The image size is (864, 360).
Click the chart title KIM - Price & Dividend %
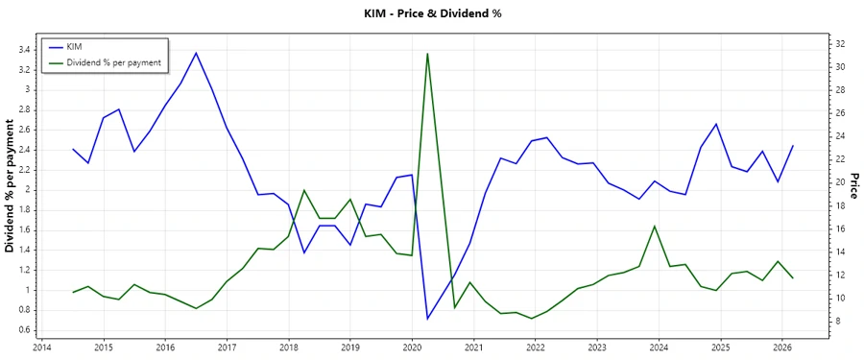point(432,13)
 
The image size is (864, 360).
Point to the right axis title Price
point(853,186)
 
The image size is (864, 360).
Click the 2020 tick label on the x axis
point(412,348)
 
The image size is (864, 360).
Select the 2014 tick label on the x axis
point(41,348)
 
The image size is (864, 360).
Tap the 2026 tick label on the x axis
point(782,348)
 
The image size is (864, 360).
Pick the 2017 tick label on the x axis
point(227,348)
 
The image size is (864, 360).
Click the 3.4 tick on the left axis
point(23,50)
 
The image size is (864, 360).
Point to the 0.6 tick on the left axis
point(23,330)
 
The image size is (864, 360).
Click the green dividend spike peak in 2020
point(427,54)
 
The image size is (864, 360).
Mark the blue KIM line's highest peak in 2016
point(196,53)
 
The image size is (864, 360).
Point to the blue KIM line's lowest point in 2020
point(427,318)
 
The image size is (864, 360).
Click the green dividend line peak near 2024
point(655,227)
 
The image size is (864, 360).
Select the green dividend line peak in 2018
point(304,190)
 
